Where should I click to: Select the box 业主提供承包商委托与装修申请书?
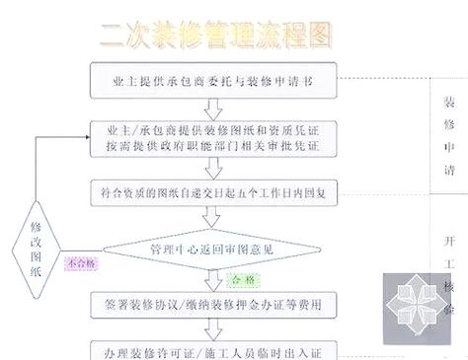pyautogui.click(x=217, y=79)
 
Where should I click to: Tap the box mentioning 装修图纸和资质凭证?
pyautogui.click(x=217, y=137)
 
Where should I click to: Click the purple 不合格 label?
pyautogui.click(x=81, y=263)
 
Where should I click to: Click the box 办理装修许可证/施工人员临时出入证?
pyautogui.click(x=217, y=351)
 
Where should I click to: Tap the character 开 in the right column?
pyautogui.click(x=448, y=242)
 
